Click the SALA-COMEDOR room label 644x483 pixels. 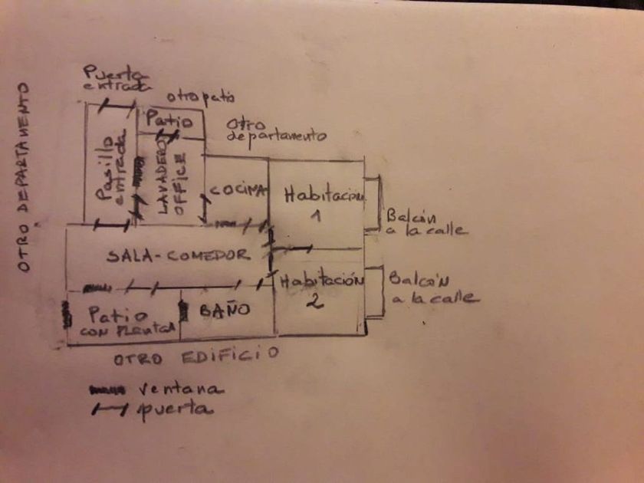coord(178,255)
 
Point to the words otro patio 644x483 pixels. coord(202,97)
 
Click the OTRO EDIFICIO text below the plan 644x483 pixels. coord(195,356)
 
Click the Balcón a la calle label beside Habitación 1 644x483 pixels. coord(424,222)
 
